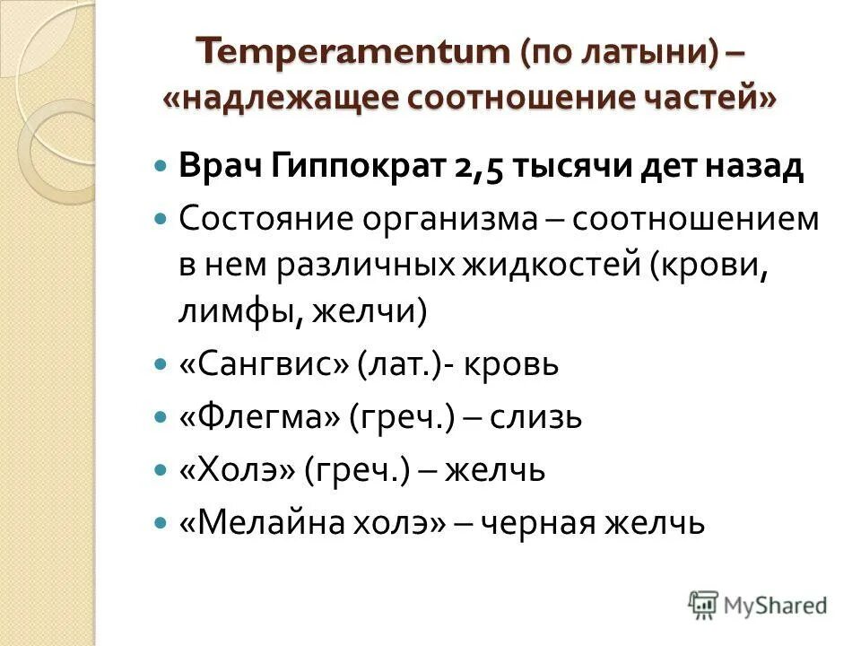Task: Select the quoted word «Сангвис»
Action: [263, 365]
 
